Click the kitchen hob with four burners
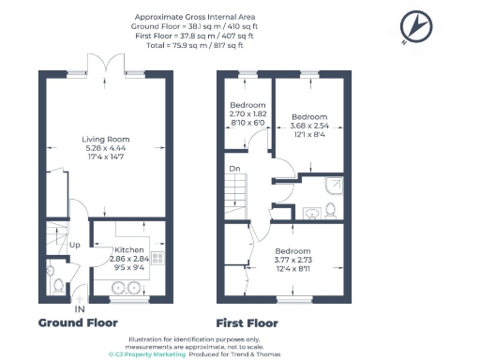pos(157,258)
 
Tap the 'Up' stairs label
pos(74,245)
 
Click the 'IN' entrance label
pos(80,308)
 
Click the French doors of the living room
pos(103,64)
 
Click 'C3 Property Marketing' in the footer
pos(146,355)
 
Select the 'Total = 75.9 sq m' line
pos(194,44)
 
